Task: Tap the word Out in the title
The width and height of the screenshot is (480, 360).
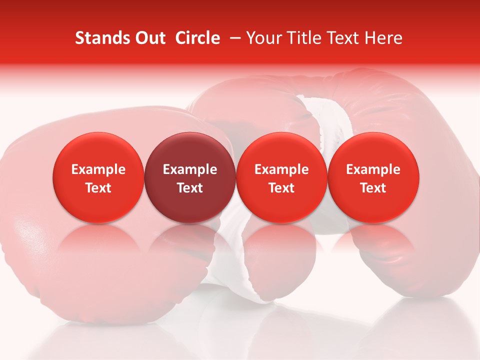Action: coord(149,38)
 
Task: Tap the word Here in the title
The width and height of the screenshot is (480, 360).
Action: coord(383,38)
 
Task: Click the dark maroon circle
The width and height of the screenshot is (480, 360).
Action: coord(190,177)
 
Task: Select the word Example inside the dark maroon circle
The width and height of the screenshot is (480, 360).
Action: coord(190,169)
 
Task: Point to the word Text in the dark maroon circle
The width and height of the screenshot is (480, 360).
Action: coord(190,188)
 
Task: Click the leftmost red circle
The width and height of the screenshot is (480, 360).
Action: coord(98,177)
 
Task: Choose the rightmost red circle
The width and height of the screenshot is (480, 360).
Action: coord(373,177)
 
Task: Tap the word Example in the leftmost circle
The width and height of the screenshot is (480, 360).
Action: coord(98,169)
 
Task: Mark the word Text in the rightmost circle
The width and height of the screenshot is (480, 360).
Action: coord(373,188)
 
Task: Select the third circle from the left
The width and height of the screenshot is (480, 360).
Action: coord(281,177)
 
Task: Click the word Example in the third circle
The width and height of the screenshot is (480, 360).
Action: coord(281,169)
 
